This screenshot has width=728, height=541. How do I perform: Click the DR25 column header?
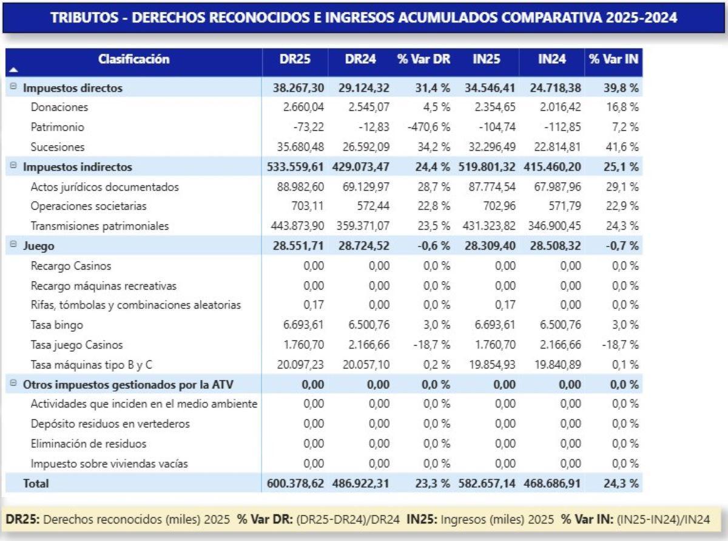coord(294,60)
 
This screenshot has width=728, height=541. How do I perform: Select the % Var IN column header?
coord(613,60)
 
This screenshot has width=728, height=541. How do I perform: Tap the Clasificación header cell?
coord(134,60)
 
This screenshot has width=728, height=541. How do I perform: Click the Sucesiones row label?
coord(58,147)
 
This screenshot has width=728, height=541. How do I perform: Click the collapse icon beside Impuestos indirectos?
coord(13,166)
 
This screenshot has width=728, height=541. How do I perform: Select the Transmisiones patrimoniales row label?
coord(99,226)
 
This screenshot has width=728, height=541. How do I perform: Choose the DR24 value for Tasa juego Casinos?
coord(370,345)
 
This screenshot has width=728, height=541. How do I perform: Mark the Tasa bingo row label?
coord(56,325)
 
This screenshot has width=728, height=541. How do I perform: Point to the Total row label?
coord(36,483)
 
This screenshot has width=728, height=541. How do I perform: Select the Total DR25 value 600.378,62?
coord(295,483)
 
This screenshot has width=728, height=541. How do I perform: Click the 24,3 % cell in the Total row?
coord(621,483)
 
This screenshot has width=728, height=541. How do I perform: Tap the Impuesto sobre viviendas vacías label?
coord(109,464)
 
